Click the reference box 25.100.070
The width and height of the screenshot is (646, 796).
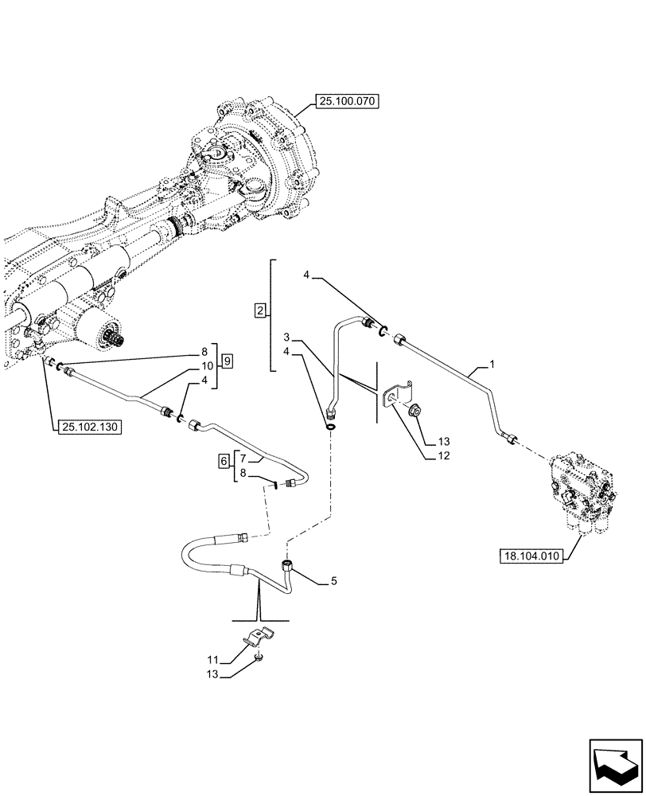click(x=348, y=101)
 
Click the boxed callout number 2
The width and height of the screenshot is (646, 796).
click(x=260, y=310)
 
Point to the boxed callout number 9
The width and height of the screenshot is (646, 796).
click(x=228, y=361)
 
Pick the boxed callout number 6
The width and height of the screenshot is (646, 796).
click(x=224, y=461)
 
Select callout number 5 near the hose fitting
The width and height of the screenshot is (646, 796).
click(x=333, y=582)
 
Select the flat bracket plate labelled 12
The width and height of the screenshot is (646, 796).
click(x=395, y=396)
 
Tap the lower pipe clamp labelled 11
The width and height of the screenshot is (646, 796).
click(x=259, y=638)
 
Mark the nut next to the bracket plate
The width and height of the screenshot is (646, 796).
click(x=416, y=412)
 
